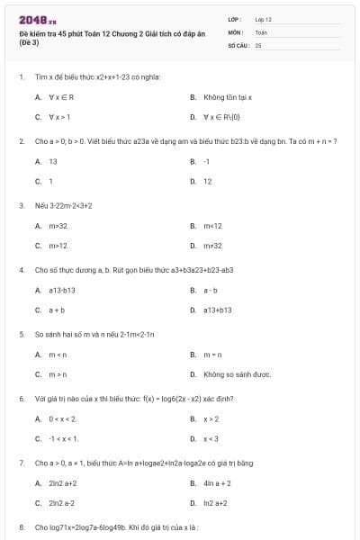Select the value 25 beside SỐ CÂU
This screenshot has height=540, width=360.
258,44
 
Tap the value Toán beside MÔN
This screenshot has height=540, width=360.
261,31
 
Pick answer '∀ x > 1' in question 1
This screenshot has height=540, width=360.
59,117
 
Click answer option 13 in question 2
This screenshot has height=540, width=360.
53,161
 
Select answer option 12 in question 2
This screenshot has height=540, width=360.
208,181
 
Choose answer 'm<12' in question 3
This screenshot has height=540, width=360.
212,225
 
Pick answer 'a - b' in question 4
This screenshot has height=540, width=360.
211,290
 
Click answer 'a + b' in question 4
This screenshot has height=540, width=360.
57,310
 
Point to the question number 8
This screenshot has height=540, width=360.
22,526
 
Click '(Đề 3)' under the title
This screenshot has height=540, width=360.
29,40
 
